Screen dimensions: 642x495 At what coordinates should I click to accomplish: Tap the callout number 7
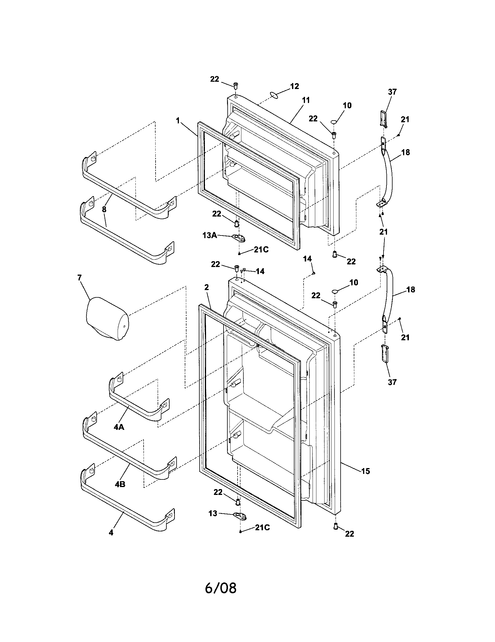pyautogui.click(x=80, y=278)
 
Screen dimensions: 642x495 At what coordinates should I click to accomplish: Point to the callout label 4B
pyautogui.click(x=120, y=484)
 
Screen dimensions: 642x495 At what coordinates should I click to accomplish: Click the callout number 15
pyautogui.click(x=365, y=471)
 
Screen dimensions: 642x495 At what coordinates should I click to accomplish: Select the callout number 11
pyautogui.click(x=306, y=100)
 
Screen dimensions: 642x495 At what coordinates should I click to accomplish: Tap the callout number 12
pyautogui.click(x=294, y=86)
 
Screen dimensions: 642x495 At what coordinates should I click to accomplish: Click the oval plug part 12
pyautogui.click(x=274, y=94)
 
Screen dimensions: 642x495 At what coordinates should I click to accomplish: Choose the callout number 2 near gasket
pyautogui.click(x=207, y=287)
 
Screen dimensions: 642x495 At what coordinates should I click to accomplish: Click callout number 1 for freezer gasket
pyautogui.click(x=177, y=120)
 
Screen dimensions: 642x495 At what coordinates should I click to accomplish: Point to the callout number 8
pyautogui.click(x=104, y=209)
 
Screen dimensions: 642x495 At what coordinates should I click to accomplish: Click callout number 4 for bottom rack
pyautogui.click(x=111, y=532)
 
